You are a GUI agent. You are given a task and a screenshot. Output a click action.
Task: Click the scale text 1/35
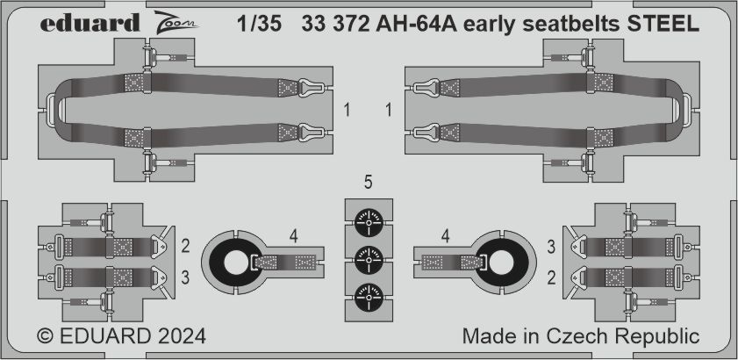[x=262, y=25]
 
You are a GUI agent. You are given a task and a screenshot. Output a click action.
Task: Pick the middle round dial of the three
[x=369, y=261]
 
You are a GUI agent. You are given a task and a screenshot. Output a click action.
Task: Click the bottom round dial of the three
[x=369, y=299]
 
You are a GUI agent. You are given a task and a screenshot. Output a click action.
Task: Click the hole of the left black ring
[x=237, y=262]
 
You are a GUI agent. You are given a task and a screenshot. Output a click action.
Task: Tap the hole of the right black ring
[x=501, y=262]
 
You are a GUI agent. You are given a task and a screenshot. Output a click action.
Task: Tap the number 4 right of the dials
[x=446, y=235]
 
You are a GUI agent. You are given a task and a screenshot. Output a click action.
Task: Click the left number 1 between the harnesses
[x=348, y=112]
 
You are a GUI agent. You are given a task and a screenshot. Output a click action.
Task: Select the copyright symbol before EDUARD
[x=47, y=337]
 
